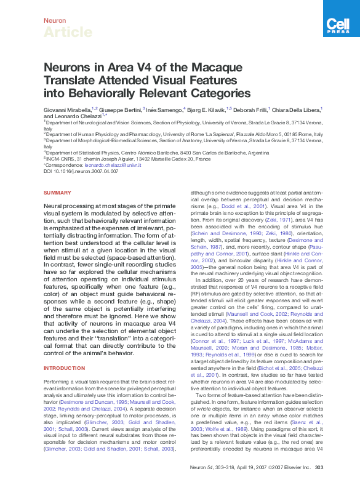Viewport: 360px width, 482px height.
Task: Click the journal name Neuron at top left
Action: point(55,20)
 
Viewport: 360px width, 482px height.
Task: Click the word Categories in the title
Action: point(221,94)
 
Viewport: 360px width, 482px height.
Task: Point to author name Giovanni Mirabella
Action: point(66,109)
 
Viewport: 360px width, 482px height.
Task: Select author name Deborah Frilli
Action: point(249,109)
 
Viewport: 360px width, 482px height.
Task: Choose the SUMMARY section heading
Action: point(58,193)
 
